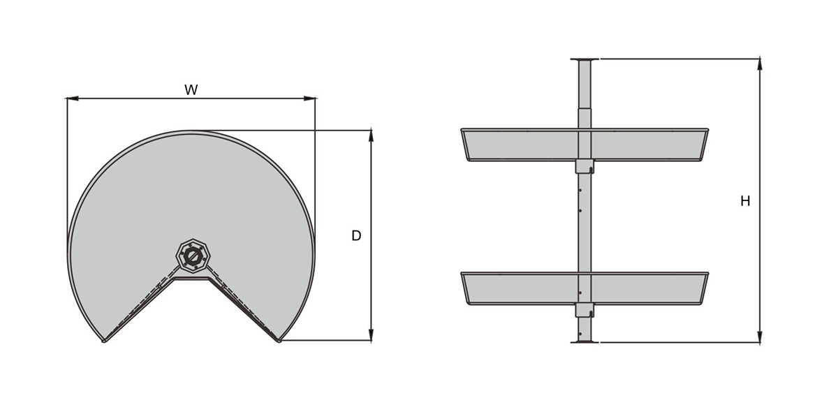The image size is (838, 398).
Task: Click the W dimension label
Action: [x=191, y=90]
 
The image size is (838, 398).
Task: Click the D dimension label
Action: [x=356, y=236]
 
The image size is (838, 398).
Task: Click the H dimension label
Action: [x=745, y=201]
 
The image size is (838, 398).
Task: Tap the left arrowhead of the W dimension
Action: [x=72, y=98]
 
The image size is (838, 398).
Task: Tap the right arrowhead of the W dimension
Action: [x=309, y=98]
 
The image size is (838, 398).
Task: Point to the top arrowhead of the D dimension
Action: [x=371, y=136]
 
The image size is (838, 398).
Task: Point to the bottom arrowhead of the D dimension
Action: [x=371, y=334]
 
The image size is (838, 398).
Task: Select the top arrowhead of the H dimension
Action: [x=760, y=64]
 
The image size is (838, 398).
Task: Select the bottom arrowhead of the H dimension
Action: [x=760, y=336]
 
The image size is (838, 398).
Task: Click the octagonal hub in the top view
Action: [x=193, y=257]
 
